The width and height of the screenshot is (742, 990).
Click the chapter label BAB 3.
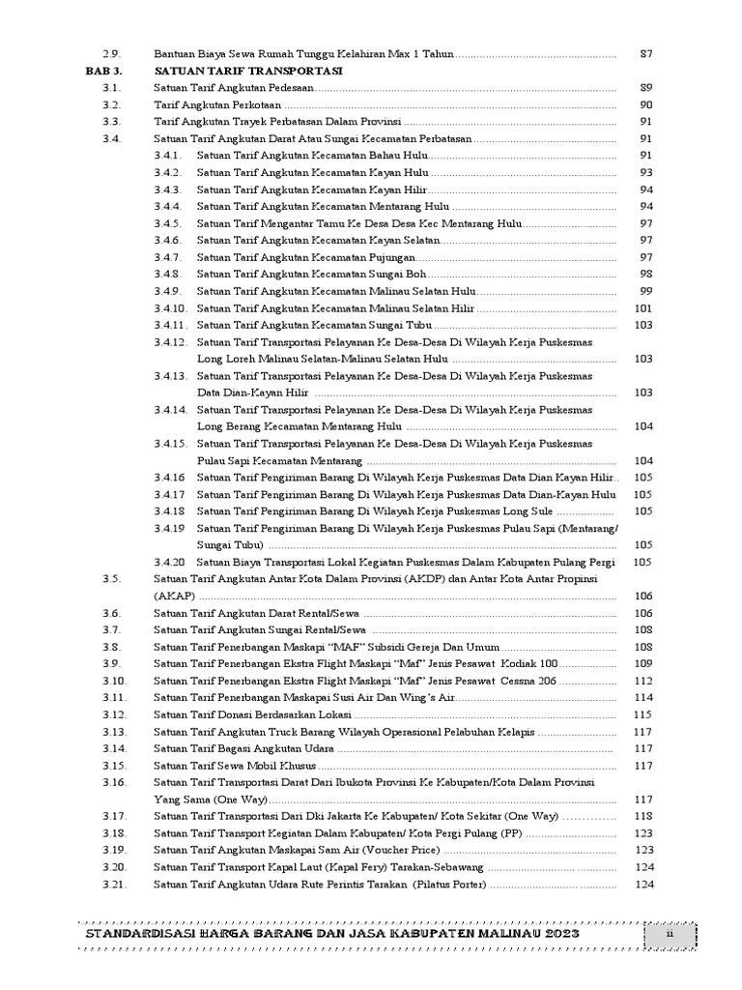(x=102, y=72)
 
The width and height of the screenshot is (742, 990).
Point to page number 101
(x=643, y=308)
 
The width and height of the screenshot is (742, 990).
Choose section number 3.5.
(x=111, y=578)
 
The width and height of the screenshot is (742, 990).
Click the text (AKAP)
(x=175, y=596)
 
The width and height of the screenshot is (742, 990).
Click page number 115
(x=643, y=713)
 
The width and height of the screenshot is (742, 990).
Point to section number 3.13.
(x=114, y=731)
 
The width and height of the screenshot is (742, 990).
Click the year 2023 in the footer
(x=558, y=938)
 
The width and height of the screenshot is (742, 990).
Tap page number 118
(x=643, y=816)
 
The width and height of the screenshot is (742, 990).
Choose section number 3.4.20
(x=169, y=562)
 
